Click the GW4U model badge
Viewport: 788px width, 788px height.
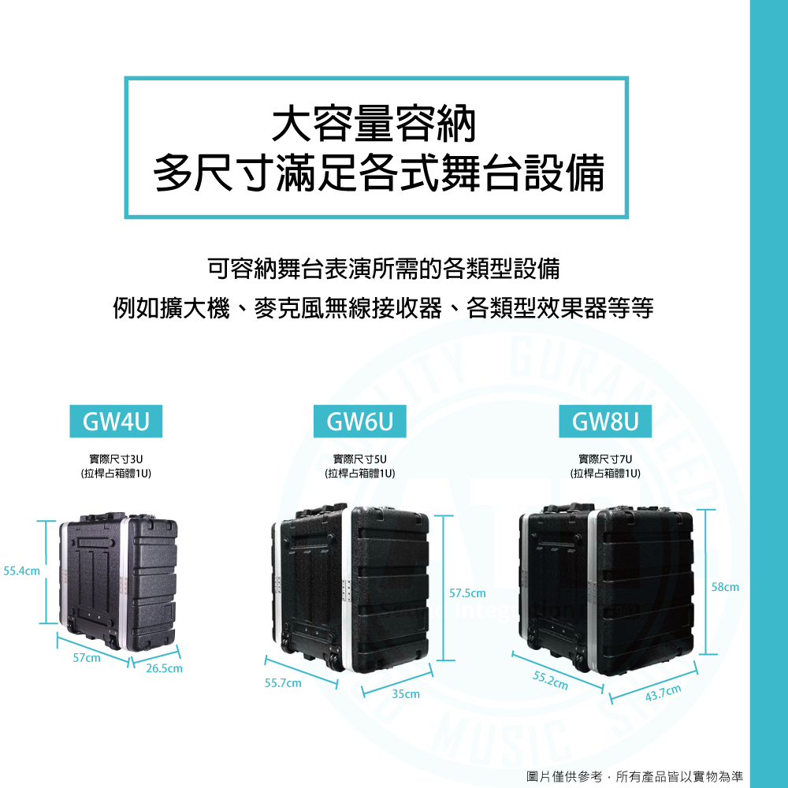point(116,422)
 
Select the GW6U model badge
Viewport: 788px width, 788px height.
point(361,422)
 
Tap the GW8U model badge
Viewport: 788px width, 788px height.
point(606,422)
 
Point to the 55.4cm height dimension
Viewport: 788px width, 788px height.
point(22,570)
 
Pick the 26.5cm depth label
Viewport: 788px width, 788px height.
point(164,669)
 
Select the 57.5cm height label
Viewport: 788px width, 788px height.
point(468,592)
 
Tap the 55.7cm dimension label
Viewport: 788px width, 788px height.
point(283,682)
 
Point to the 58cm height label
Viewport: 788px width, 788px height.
point(726,587)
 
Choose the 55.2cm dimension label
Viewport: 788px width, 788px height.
point(550,680)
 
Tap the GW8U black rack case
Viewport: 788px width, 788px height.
point(606,583)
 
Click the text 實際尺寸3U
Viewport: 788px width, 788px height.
point(116,459)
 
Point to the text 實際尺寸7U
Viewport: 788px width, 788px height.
point(605,459)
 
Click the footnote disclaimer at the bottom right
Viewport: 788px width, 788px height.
point(634,776)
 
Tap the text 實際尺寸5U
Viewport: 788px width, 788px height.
point(360,459)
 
